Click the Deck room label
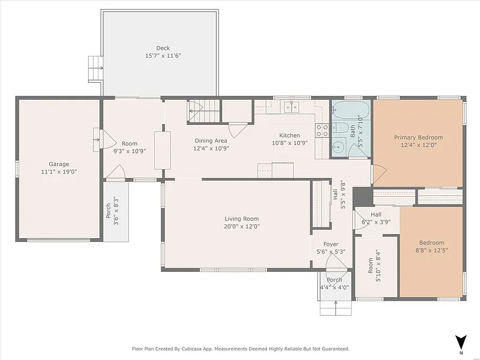(x=163, y=48)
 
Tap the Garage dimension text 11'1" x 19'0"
(x=59, y=172)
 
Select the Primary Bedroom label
(x=418, y=137)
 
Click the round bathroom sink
(x=338, y=147)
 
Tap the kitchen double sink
(x=292, y=107)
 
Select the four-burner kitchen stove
(x=322, y=130)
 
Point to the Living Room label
(x=242, y=219)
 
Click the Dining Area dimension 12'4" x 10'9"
(x=211, y=148)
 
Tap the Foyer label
(x=331, y=244)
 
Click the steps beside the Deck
(x=95, y=69)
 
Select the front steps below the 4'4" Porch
(x=335, y=308)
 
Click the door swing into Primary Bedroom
(x=379, y=174)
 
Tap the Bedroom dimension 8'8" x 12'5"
(x=431, y=250)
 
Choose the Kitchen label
(x=290, y=136)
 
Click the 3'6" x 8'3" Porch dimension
(x=116, y=211)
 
